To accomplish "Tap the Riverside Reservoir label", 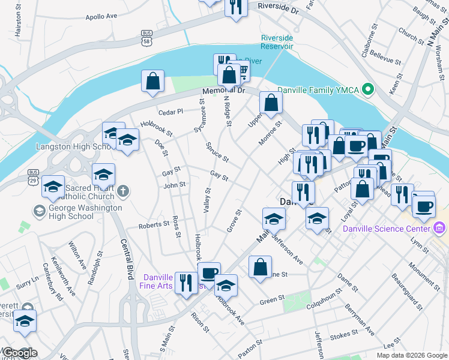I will click(x=277, y=42).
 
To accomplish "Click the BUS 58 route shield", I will click(x=147, y=38).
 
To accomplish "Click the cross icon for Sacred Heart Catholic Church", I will click(x=124, y=192).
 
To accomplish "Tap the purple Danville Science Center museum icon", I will click(x=440, y=228).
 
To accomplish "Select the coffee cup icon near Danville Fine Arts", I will click(x=209, y=274).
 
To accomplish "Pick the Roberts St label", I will click(x=154, y=224).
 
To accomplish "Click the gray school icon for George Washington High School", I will click(x=40, y=211).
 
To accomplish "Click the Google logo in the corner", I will click(x=19, y=353).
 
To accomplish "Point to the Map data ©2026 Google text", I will click(x=412, y=355).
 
